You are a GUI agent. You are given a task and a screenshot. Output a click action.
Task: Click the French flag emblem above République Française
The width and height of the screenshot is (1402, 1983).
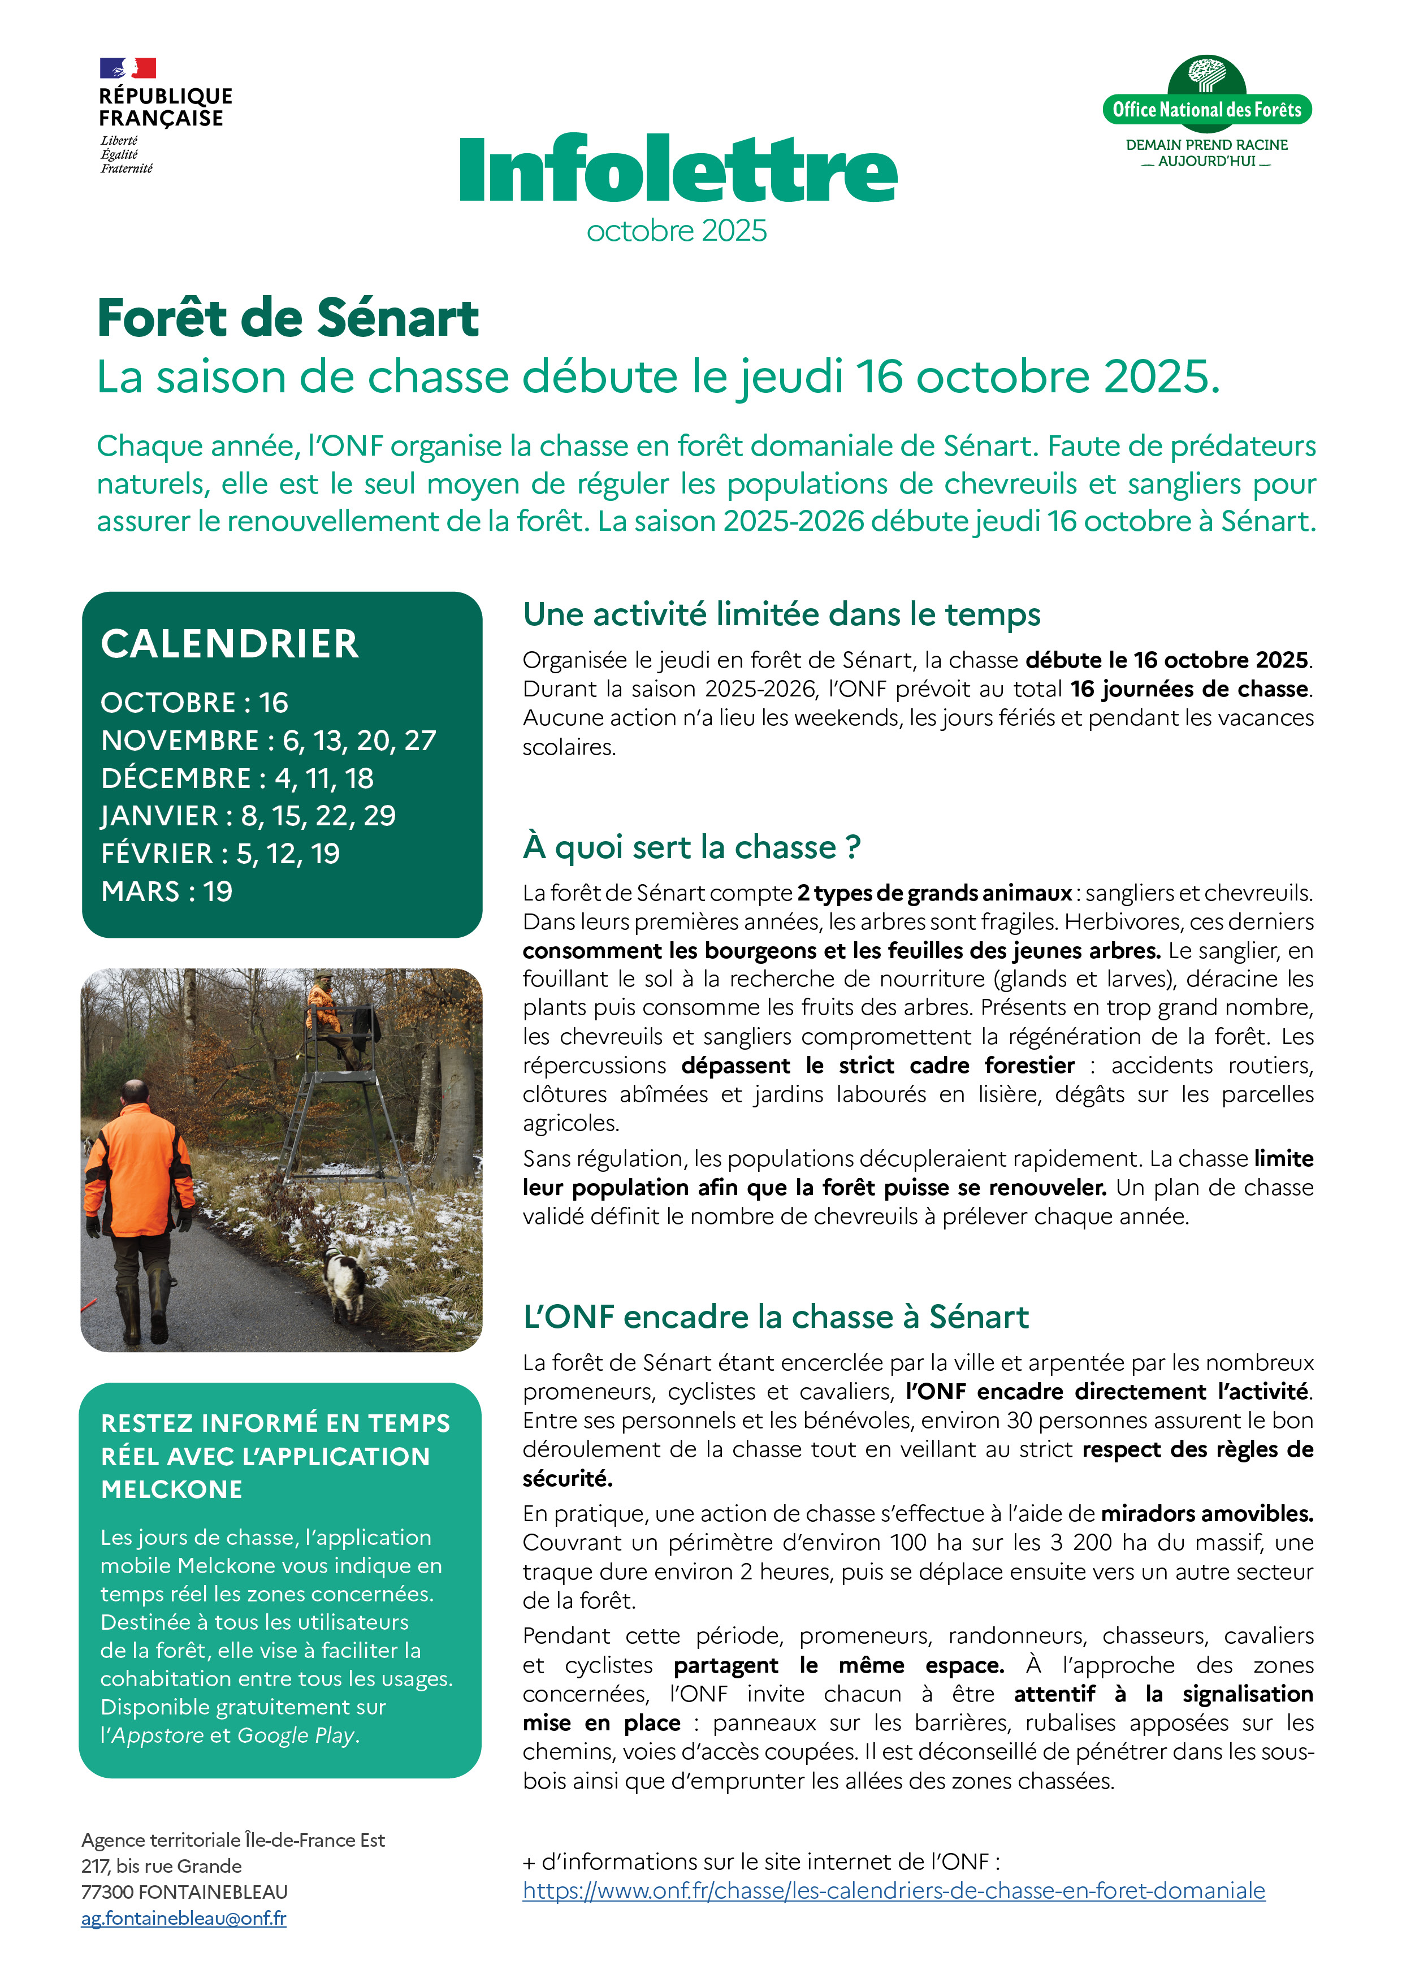[128, 67]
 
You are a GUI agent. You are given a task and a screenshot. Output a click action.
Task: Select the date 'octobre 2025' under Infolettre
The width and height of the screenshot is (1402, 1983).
[676, 231]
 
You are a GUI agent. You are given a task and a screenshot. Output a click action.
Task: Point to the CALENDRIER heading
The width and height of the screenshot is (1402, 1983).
[230, 643]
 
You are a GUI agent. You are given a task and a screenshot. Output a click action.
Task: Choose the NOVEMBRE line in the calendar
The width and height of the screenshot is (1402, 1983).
[269, 740]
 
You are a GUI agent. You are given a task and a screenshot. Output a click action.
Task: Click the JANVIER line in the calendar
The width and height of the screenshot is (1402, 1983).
[249, 815]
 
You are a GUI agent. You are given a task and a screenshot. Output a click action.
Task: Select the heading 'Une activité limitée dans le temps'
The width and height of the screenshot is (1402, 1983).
[781, 614]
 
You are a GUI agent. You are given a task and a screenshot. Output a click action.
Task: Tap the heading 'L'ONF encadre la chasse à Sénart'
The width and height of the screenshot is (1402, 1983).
[776, 1316]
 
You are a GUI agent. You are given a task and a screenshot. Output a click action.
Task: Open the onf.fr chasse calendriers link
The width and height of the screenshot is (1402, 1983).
[893, 1891]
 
